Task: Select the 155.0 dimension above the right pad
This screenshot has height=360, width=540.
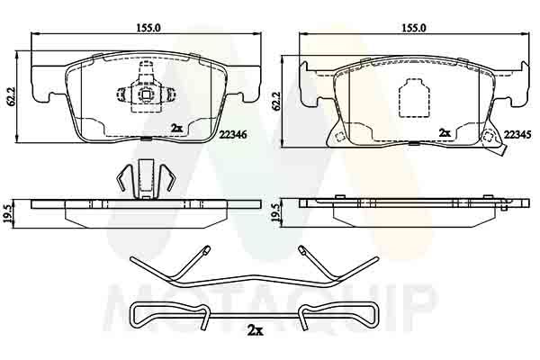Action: [411, 28]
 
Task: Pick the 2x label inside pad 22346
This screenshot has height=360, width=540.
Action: [175, 129]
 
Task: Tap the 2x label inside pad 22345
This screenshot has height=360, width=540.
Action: [444, 130]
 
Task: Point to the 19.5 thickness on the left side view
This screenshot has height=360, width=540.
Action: [10, 214]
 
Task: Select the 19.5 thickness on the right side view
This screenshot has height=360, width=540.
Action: [275, 214]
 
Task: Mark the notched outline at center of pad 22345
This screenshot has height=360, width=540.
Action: [412, 96]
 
